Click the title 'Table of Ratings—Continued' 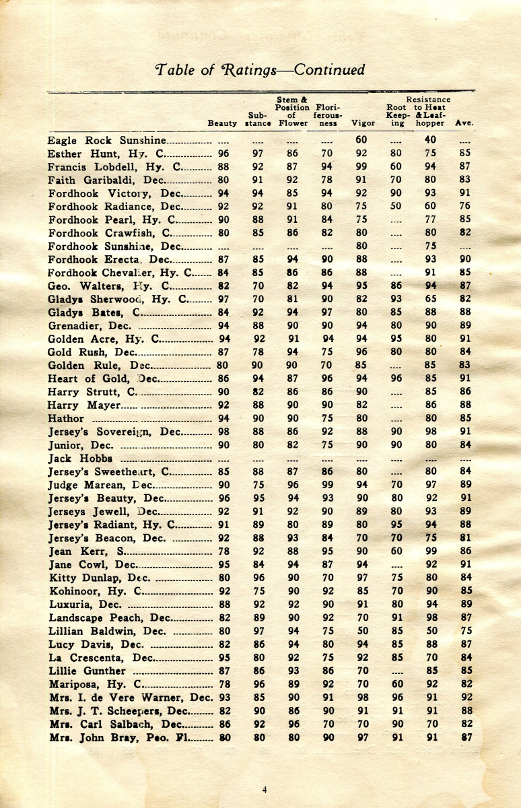[260, 70]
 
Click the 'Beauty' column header [222, 124]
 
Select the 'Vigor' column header [363, 124]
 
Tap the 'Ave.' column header [464, 124]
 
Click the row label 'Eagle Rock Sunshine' [106, 141]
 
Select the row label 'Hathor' [66, 418]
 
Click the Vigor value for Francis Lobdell [362, 167]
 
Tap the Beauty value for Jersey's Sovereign [223, 432]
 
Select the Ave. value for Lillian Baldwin [464, 631]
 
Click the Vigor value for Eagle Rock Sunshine [362, 140]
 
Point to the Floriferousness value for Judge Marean [328, 485]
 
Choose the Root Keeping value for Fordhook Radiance [397, 207]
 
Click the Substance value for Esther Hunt [258, 154]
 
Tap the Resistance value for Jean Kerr [431, 551]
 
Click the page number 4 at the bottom [264, 789]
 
